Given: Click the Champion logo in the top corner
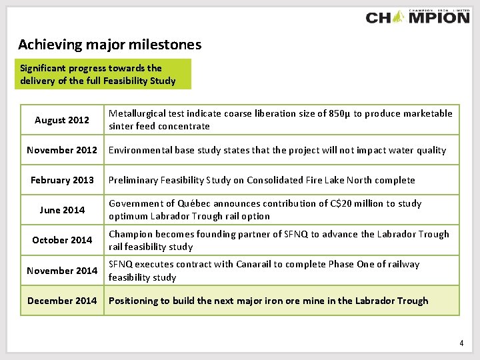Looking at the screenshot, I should click(x=417, y=16).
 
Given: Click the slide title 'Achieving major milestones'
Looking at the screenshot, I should click(x=109, y=45).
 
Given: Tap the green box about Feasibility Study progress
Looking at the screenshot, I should click(x=105, y=74).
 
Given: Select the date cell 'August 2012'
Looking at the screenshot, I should click(x=62, y=120).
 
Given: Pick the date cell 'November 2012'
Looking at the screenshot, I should click(x=62, y=150).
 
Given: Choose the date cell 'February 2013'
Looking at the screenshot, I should click(x=62, y=180).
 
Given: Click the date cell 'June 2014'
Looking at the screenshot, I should click(x=62, y=210).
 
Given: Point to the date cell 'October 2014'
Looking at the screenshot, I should click(x=62, y=240).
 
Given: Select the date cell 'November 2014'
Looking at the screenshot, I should click(x=62, y=270).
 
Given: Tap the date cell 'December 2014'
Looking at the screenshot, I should click(x=62, y=301).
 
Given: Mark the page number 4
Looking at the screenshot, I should click(x=461, y=343).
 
